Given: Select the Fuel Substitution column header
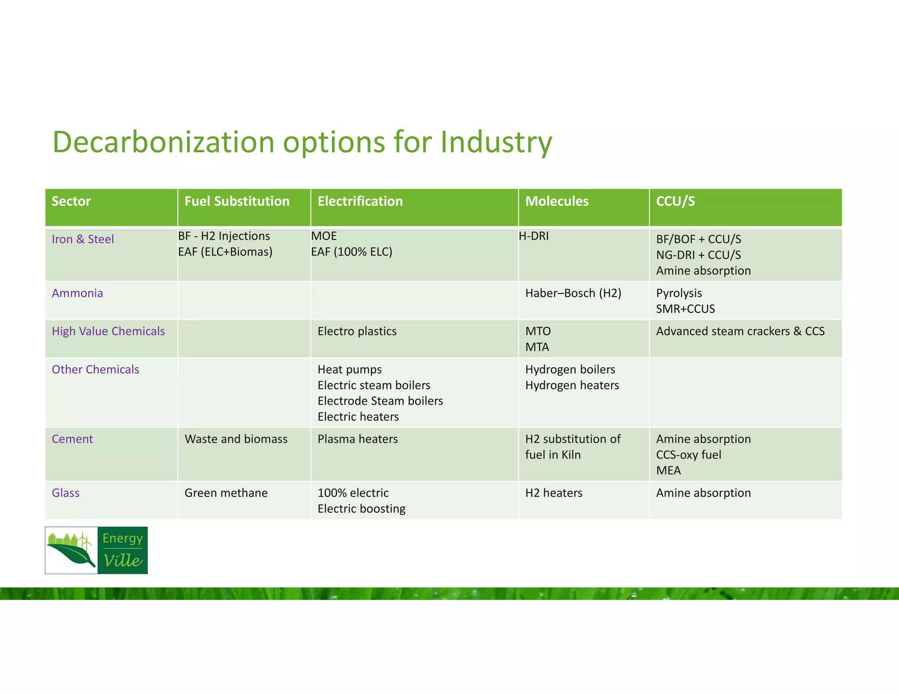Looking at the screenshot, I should (237, 201).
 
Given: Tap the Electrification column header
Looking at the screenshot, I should (360, 201).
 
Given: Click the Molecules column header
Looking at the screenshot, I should (557, 201).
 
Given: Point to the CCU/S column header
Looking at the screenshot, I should (675, 201).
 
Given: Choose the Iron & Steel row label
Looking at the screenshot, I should (83, 239).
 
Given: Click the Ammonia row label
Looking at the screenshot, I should (77, 293).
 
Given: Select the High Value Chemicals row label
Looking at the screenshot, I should (108, 331).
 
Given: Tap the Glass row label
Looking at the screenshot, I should (66, 493).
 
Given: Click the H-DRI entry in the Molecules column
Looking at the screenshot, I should (534, 236).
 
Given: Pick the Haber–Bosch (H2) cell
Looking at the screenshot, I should (573, 293).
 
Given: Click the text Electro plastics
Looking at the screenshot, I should (357, 331).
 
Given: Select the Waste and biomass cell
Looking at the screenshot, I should (236, 439).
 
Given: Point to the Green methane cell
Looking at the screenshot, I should (226, 493).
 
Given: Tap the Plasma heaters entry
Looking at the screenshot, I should (358, 439).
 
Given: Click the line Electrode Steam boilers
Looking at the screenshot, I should (380, 401).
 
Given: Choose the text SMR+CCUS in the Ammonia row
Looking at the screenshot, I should (685, 309).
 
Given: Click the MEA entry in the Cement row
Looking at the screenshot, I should (668, 471).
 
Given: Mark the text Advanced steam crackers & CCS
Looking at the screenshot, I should (740, 331).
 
